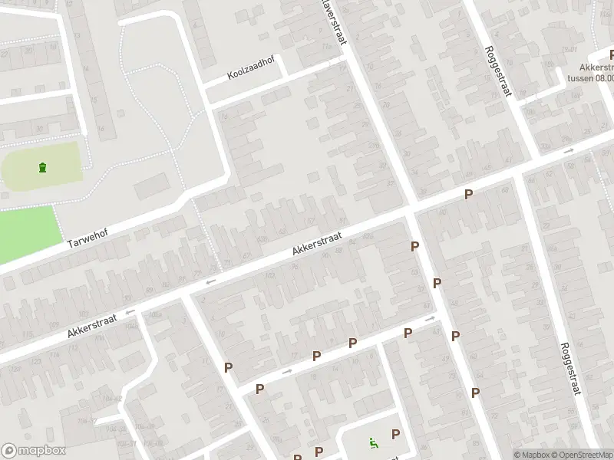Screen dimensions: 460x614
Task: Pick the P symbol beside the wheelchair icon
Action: click(395, 434)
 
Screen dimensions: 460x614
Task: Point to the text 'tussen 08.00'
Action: click(589, 77)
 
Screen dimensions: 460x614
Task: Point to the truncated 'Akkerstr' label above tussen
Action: click(596, 66)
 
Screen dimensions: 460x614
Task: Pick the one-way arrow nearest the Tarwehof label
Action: click(130, 311)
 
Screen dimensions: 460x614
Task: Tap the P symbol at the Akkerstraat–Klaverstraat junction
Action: click(414, 246)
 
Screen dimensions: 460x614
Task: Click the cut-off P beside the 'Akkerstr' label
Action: click(611, 54)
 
